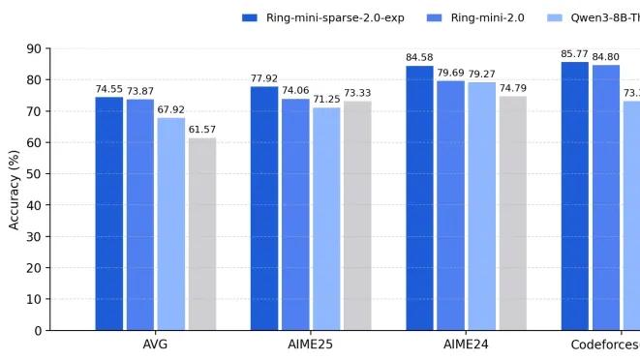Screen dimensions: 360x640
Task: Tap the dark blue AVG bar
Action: pyautogui.click(x=108, y=213)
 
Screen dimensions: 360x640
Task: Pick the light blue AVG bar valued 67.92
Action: pyautogui.click(x=170, y=224)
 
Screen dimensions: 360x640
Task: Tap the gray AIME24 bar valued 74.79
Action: pyautogui.click(x=512, y=213)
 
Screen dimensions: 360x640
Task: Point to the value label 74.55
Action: pyautogui.click(x=108, y=89)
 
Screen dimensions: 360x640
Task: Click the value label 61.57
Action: pyautogui.click(x=201, y=130)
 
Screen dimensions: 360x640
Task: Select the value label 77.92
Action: pyautogui.click(x=264, y=78)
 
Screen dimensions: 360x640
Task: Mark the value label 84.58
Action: pyautogui.click(x=419, y=58)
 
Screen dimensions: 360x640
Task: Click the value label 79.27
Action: pyautogui.click(x=481, y=75)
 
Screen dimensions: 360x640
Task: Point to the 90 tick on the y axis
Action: pyautogui.click(x=34, y=48)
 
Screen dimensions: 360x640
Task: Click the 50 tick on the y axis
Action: pyautogui.click(x=34, y=174)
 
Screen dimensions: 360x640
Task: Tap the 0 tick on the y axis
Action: pyautogui.click(x=38, y=331)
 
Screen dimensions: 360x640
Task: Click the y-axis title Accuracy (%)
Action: pyautogui.click(x=14, y=189)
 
